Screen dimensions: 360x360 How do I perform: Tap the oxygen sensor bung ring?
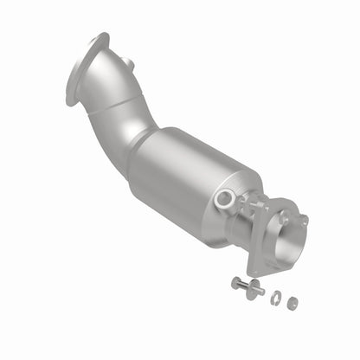(226, 199)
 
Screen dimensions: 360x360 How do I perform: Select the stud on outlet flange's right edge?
(302, 220)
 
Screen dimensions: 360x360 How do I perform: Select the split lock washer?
(276, 299)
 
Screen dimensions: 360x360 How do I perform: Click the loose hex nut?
(292, 303)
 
